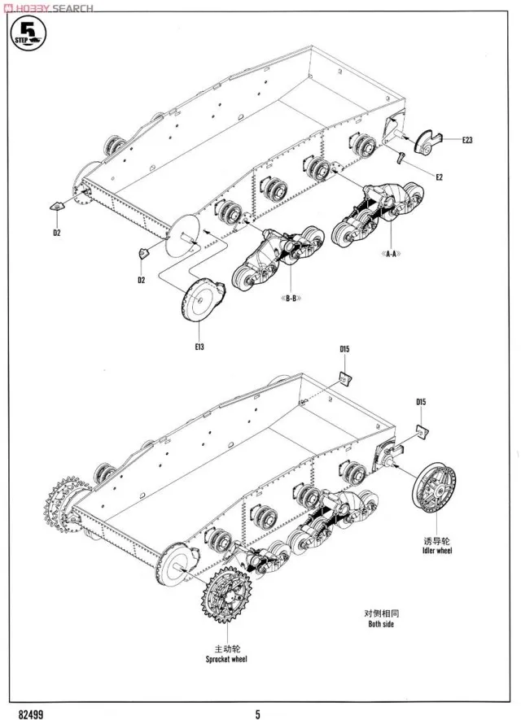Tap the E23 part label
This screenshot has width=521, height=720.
click(x=466, y=141)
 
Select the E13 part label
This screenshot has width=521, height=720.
click(x=199, y=347)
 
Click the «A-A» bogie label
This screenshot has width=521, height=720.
click(x=388, y=254)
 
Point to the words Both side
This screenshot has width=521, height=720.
click(x=379, y=625)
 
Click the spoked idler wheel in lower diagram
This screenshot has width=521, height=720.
click(x=436, y=486)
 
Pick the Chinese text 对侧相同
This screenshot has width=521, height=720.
click(x=379, y=613)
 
